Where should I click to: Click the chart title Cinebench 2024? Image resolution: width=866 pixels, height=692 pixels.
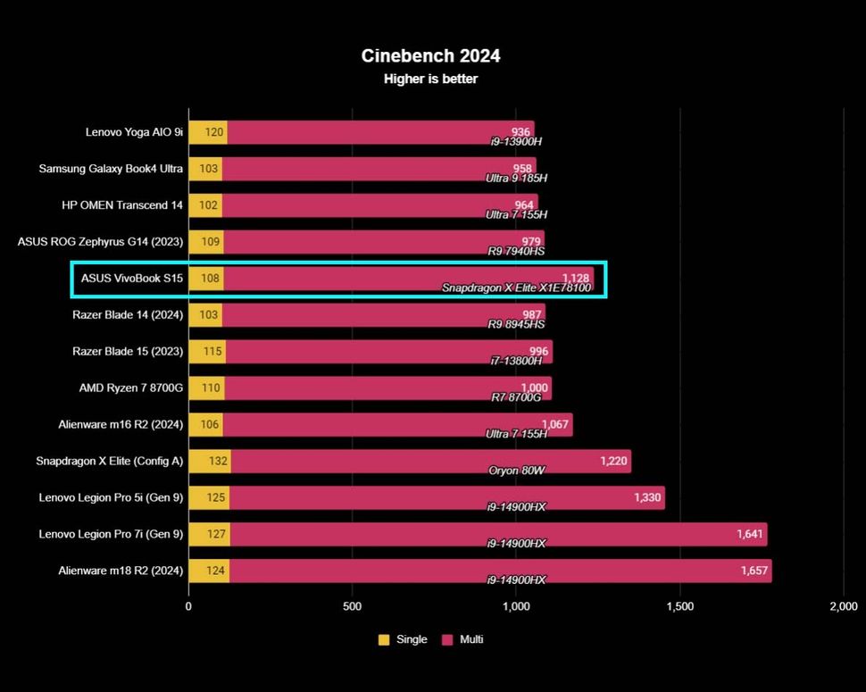430,55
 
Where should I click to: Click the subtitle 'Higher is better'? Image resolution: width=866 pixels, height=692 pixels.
430,79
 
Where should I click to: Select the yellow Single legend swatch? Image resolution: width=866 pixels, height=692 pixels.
384,639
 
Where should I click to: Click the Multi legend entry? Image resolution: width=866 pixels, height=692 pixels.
462,639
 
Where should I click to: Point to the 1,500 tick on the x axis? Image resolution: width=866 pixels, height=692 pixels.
679,607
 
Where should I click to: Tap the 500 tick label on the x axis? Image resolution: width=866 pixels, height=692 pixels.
352,607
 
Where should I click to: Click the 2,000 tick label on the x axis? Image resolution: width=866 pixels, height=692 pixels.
843,607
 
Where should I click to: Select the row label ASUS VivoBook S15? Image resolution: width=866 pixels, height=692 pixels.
132,279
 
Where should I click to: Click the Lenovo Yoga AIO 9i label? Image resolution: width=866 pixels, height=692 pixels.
134,132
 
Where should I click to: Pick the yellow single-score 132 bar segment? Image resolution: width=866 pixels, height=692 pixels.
210,462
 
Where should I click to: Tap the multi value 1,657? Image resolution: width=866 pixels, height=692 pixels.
754,571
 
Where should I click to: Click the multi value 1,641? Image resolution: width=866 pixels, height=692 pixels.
750,534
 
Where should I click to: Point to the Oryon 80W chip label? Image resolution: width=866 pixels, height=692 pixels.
517,470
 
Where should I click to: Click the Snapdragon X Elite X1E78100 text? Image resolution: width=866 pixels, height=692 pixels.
516,288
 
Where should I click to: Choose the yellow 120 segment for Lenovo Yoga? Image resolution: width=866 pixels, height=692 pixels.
208,132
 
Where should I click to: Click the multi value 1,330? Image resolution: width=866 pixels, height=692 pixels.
647,497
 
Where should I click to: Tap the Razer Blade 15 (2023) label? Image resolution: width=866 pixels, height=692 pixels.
128,352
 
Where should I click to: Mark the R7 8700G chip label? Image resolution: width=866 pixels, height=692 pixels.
516,396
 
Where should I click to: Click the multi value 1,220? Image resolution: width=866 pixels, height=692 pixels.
613,462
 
